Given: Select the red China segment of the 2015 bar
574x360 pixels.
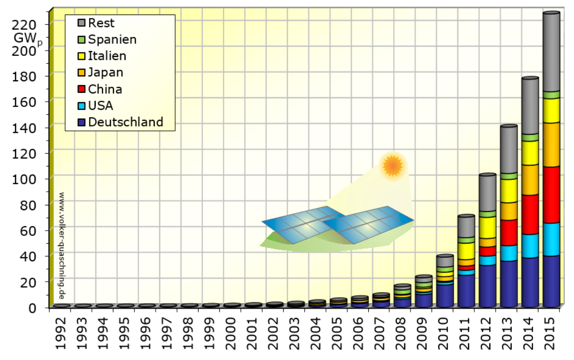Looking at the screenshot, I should coord(551,195).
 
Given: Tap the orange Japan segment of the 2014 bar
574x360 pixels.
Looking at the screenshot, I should coord(530,180).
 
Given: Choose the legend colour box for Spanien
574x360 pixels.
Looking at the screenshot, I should coord(82,39).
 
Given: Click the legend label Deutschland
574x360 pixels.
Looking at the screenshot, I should coord(126,122).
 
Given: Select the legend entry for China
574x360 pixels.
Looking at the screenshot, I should coord(105,89).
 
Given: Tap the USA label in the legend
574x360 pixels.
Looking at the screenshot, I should coord(101,106).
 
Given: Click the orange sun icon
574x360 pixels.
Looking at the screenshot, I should coord(393,166).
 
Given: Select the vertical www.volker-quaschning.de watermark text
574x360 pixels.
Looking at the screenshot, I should coord(62,245).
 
